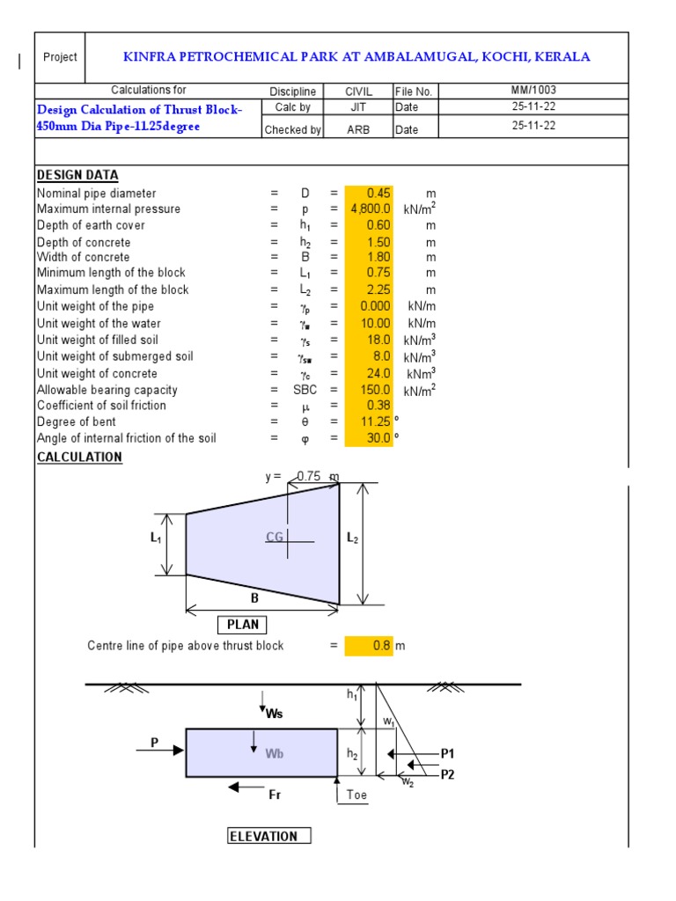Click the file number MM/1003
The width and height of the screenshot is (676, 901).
[x=533, y=90]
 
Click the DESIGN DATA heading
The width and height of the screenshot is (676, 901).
[x=77, y=175]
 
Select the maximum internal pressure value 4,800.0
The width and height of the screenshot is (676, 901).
[x=371, y=209]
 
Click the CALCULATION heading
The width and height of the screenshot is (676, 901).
[x=79, y=458]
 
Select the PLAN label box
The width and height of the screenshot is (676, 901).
[x=243, y=625]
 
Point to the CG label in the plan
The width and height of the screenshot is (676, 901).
[x=275, y=537]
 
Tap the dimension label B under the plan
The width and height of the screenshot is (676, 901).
[x=255, y=597]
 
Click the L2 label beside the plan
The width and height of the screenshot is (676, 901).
[x=353, y=538]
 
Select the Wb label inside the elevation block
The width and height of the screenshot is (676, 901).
[x=274, y=754]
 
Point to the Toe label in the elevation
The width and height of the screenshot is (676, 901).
[x=356, y=795]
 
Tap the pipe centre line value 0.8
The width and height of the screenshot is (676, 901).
[x=380, y=646]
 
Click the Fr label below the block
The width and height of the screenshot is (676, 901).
[x=275, y=795]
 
